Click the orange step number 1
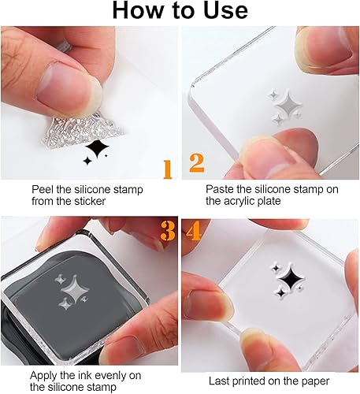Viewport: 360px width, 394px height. tap(168, 169)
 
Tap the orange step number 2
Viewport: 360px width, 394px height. tap(197, 163)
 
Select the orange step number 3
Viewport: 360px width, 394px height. tap(168, 230)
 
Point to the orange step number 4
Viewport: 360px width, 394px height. tap(193, 231)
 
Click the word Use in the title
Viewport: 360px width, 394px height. tap(226, 11)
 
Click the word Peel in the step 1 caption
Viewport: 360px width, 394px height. tap(42, 189)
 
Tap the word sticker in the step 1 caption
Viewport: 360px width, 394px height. tap(90, 201)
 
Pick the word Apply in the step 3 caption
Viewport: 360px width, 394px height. tap(43, 376)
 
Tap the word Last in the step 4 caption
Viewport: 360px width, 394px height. tap(218, 381)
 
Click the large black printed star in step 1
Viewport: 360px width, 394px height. tap(97, 148)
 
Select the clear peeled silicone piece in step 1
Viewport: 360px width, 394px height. tap(81, 131)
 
